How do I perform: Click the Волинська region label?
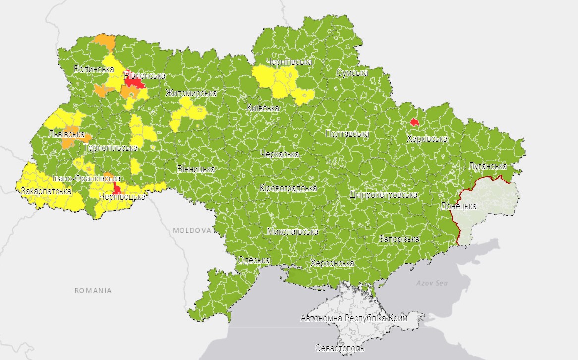point(94,69)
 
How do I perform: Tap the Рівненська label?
point(144,76)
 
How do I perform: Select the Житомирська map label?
point(191,93)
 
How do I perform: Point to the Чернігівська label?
point(289,62)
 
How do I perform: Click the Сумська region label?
point(352,73)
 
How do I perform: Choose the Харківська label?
point(427,139)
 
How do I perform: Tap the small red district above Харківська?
point(414,122)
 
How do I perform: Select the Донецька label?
point(459,206)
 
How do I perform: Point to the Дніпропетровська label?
point(383,195)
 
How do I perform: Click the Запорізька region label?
point(399,239)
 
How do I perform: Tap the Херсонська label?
point(332,263)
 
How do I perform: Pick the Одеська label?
point(253,260)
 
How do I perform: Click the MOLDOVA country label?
point(192,231)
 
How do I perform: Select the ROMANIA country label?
point(93,290)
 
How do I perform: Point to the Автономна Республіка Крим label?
point(354,318)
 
